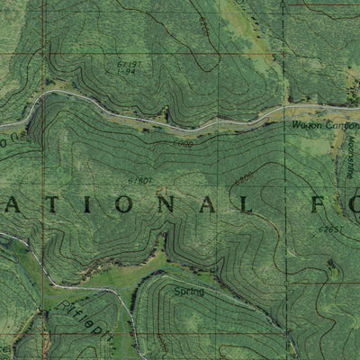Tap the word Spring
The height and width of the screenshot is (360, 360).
[189, 292]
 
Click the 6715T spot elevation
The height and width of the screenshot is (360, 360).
[130, 66]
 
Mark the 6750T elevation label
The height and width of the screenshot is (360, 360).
[139, 181]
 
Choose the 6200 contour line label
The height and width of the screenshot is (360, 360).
[243, 178]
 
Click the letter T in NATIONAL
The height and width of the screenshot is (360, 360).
[48, 206]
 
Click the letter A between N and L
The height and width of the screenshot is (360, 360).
[202, 206]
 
